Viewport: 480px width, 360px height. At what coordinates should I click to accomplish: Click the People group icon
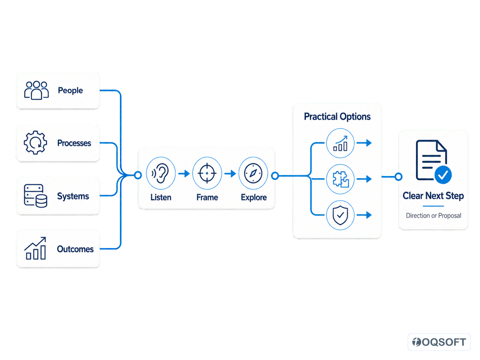(x=36, y=90)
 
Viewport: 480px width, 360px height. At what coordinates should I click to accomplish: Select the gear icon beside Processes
(x=35, y=143)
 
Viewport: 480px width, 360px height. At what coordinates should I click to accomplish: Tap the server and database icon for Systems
(x=35, y=196)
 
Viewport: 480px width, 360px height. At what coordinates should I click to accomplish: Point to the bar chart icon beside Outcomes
(x=35, y=248)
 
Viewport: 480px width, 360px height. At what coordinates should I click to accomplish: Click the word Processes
(x=74, y=143)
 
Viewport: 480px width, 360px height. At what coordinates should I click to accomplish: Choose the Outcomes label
(x=75, y=249)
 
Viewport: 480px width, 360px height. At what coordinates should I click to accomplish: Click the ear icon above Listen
(x=160, y=173)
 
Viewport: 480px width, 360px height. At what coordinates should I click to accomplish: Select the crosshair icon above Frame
(x=207, y=173)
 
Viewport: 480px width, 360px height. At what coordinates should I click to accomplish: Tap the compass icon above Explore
(x=253, y=173)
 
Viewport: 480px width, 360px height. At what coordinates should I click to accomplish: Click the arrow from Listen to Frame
(x=184, y=174)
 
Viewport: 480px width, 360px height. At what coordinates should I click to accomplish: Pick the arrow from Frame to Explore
(x=230, y=174)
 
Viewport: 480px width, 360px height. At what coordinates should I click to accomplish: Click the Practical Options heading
(x=337, y=116)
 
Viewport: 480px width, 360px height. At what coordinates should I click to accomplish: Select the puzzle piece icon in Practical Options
(x=340, y=179)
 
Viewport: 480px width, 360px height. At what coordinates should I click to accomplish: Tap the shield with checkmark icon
(x=340, y=215)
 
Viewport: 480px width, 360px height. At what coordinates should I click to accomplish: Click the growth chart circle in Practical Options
(x=340, y=143)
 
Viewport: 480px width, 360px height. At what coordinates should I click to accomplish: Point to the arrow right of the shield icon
(x=364, y=215)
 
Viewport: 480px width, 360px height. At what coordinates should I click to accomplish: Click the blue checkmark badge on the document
(x=443, y=175)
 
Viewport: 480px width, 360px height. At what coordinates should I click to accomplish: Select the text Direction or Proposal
(x=433, y=215)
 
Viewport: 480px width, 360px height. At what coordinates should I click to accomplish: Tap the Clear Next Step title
(x=433, y=196)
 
